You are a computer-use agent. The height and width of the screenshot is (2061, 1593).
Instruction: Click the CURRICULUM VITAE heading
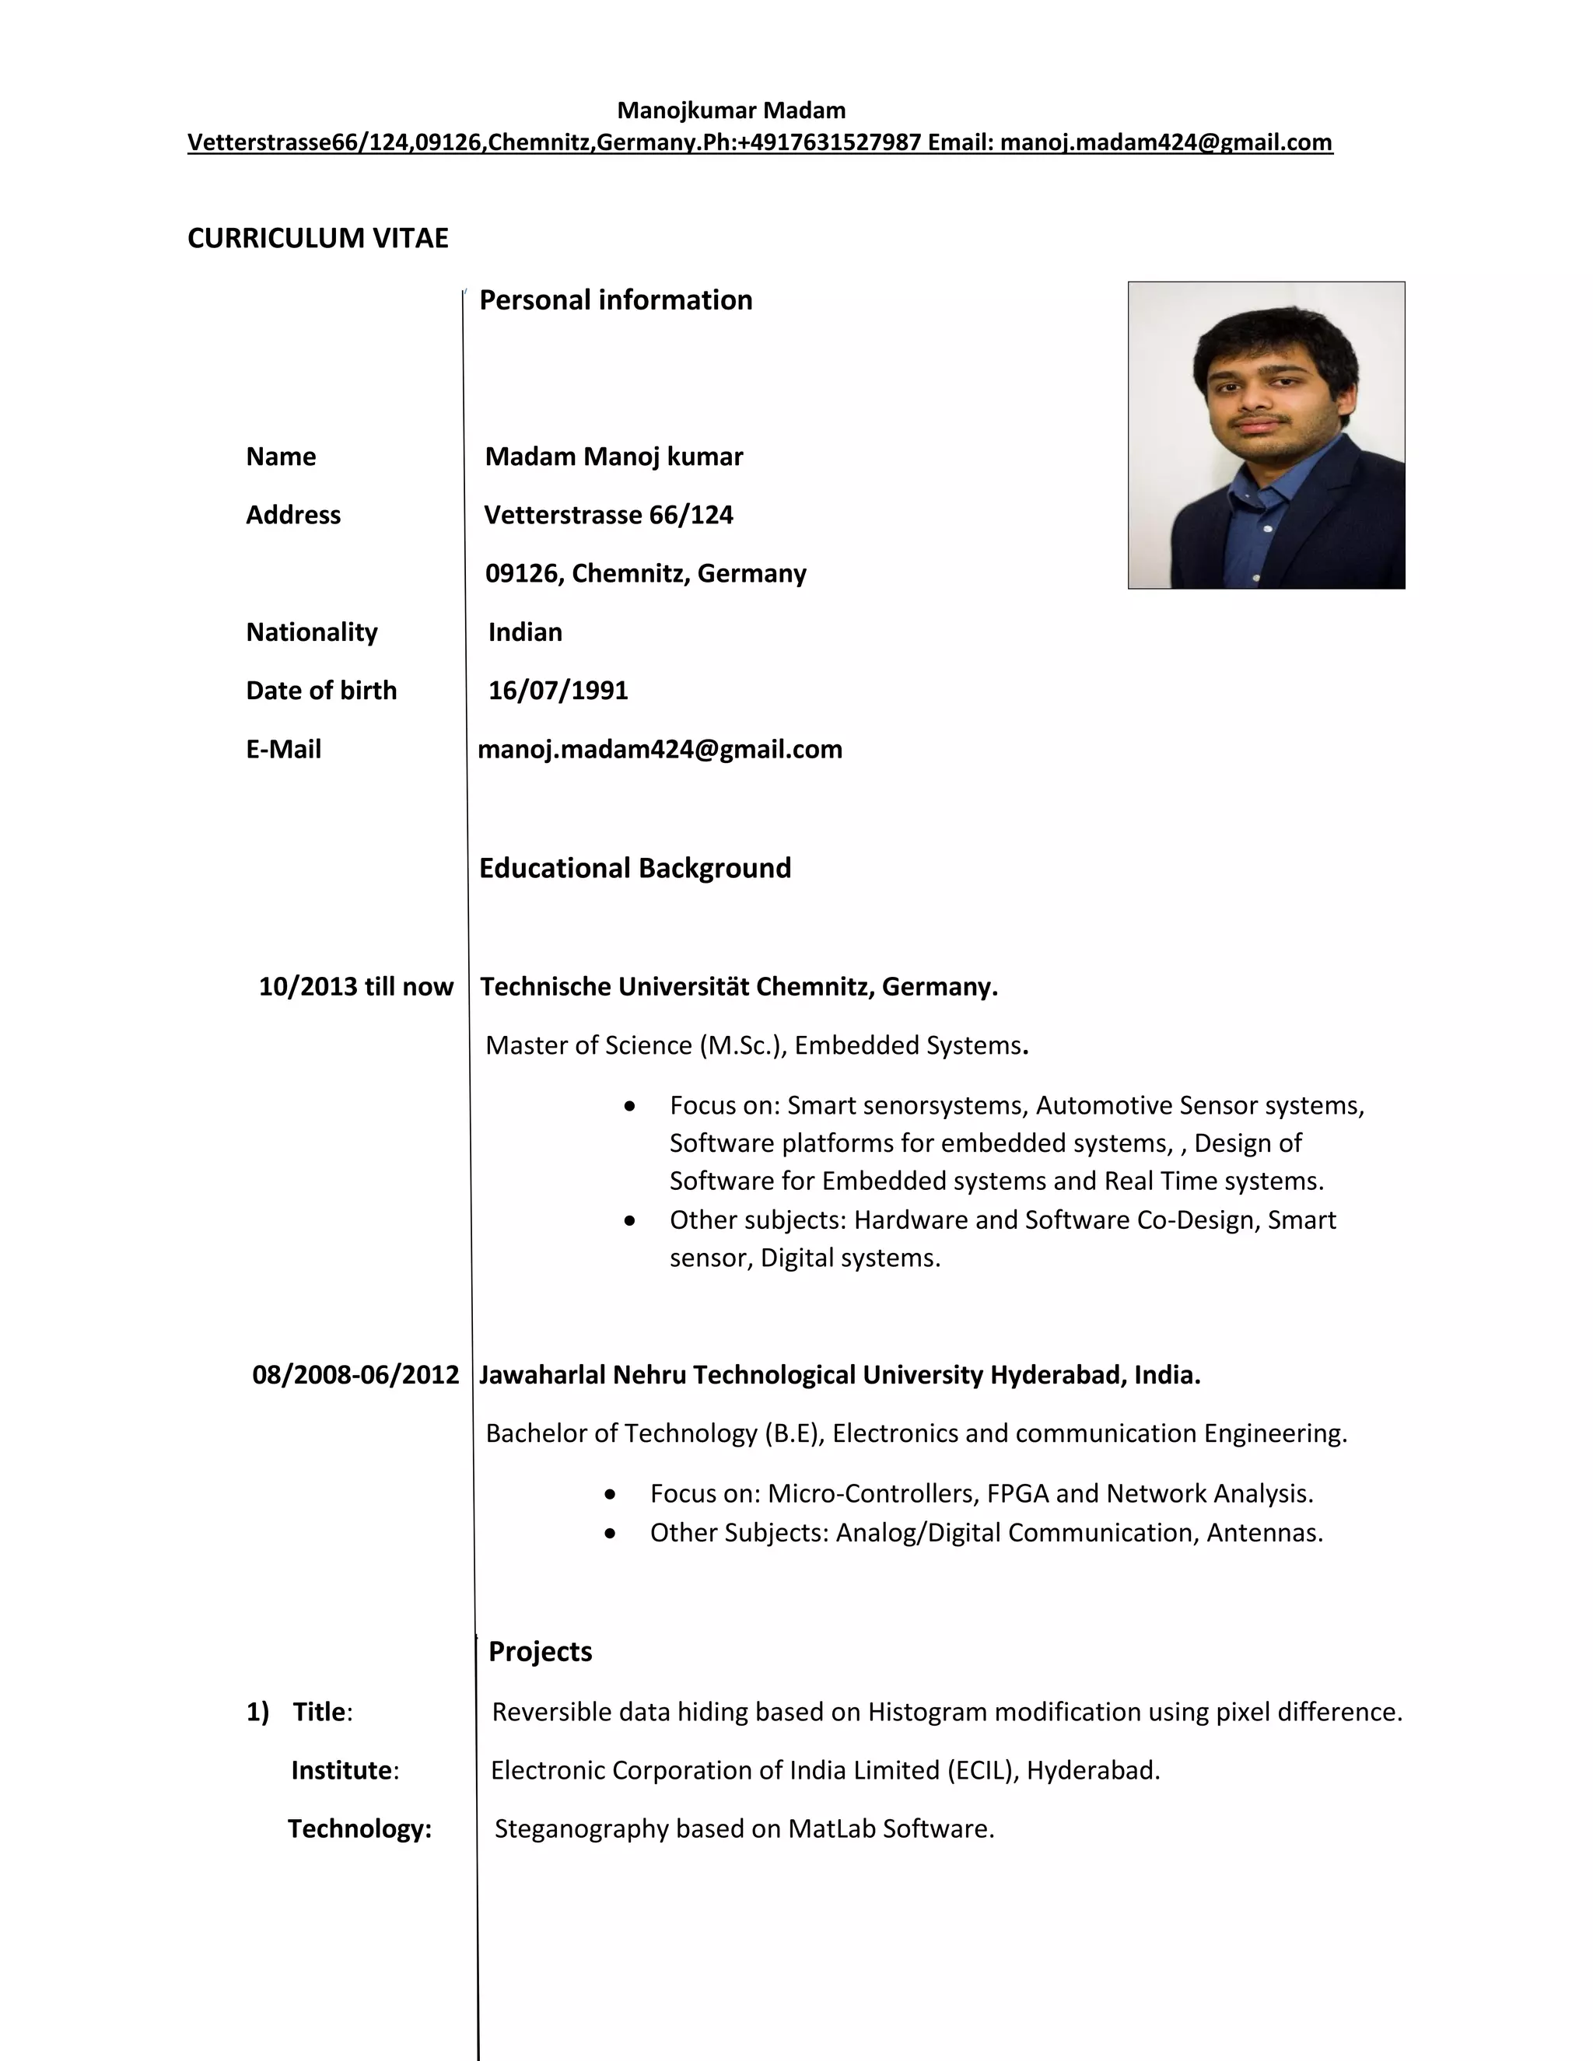[318, 238]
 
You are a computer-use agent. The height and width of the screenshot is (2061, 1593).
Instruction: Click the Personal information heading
[615, 300]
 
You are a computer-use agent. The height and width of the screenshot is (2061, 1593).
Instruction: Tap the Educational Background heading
[634, 868]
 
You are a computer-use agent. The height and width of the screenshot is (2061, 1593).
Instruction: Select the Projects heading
[540, 1651]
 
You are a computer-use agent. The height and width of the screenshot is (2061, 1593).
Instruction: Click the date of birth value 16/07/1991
[558, 691]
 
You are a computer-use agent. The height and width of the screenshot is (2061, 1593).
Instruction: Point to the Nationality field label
[311, 632]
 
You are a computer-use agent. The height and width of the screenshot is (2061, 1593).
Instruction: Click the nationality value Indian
[525, 632]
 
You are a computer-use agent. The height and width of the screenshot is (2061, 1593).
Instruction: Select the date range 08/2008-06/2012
[355, 1375]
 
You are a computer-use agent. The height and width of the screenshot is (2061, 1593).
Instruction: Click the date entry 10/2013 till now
[355, 987]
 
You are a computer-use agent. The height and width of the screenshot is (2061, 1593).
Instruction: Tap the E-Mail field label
[283, 749]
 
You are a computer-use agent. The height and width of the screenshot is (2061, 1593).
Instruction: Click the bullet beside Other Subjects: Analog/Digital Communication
[611, 1534]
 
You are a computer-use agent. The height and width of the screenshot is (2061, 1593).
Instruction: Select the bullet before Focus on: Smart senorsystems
[629, 1106]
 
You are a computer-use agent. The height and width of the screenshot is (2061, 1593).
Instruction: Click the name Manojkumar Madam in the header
[730, 110]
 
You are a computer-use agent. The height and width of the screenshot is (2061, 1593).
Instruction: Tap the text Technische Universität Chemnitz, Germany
[738, 987]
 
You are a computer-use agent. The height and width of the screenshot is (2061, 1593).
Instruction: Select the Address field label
[292, 515]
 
